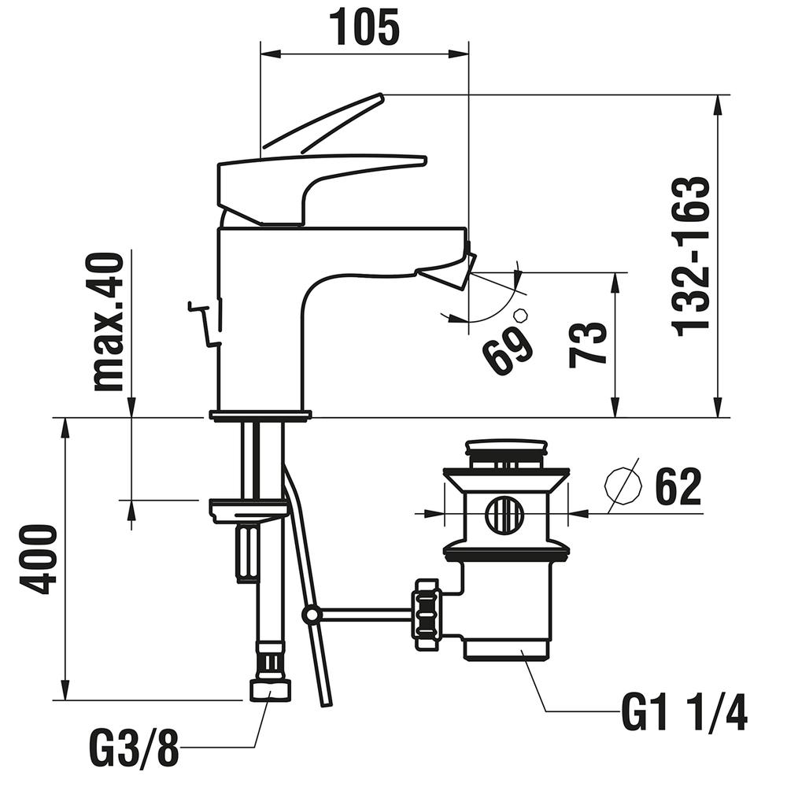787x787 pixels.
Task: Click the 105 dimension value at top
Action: (364, 28)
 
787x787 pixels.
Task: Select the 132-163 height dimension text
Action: (691, 256)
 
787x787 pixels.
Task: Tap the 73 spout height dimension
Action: (589, 345)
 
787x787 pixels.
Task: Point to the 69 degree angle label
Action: (508, 351)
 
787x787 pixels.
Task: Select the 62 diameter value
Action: (677, 489)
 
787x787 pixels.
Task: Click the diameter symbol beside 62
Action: (623, 489)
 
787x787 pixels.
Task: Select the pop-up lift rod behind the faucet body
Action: (204, 323)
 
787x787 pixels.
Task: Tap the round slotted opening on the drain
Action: (504, 515)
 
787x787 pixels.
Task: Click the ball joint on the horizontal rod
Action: (312, 614)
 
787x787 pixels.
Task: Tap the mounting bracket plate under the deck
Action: (248, 511)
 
